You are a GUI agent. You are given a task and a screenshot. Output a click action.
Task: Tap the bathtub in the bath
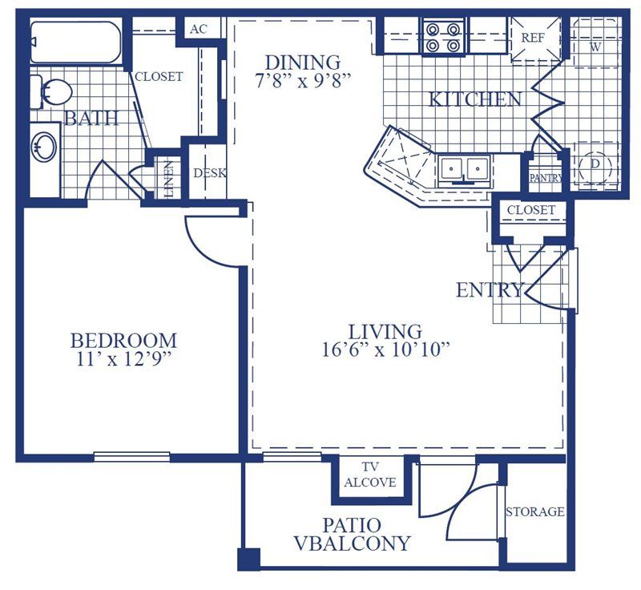pyautogui.click(x=75, y=42)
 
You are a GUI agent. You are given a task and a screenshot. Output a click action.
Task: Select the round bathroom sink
pyautogui.click(x=44, y=147)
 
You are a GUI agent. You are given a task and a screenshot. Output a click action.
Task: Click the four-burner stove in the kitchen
pyautogui.click(x=444, y=37)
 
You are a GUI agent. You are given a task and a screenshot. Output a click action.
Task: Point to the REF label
pyautogui.click(x=533, y=38)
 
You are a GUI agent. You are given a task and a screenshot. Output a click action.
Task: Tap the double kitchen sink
pyautogui.click(x=465, y=169)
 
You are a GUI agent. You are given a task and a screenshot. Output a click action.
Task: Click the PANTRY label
pyautogui.click(x=546, y=178)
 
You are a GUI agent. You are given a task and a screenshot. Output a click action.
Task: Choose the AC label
pyautogui.click(x=199, y=29)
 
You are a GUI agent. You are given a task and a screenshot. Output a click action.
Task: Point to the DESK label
pyautogui.click(x=210, y=173)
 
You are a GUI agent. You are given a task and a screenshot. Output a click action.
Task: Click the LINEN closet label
pyautogui.click(x=168, y=180)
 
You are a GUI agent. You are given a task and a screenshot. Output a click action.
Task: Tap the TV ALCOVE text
pyautogui.click(x=370, y=475)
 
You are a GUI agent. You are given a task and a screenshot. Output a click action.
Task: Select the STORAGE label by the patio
pyautogui.click(x=535, y=511)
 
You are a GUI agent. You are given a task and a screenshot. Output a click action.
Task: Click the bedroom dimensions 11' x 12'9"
pyautogui.click(x=123, y=359)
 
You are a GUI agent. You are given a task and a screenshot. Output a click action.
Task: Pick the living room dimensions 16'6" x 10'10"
pyautogui.click(x=385, y=350)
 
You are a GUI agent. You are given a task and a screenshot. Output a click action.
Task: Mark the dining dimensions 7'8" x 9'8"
pyautogui.click(x=303, y=81)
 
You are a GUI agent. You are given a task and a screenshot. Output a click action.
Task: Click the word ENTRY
pyautogui.click(x=490, y=290)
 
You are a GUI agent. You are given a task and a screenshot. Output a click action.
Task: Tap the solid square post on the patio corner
pyautogui.click(x=249, y=559)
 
